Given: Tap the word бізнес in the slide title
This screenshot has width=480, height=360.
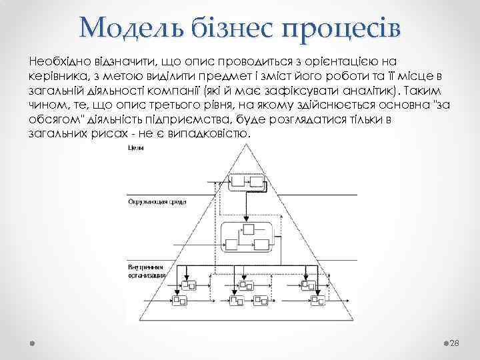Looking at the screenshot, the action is click(x=228, y=26).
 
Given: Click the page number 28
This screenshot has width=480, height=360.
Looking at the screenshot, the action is click(x=456, y=343).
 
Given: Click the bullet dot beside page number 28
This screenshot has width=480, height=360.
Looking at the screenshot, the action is click(x=446, y=342).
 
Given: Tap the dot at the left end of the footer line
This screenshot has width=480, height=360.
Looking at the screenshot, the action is click(x=33, y=342).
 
